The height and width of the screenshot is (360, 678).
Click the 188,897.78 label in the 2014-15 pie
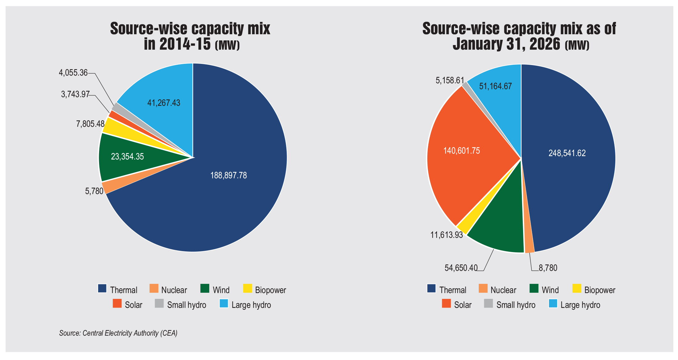[228, 175]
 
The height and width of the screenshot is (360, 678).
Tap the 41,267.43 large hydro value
[164, 103]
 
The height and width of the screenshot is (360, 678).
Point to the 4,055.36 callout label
[73, 73]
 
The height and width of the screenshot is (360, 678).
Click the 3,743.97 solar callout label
[75, 94]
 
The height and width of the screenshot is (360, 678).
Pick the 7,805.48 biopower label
[90, 124]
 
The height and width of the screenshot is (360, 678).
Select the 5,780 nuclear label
[94, 191]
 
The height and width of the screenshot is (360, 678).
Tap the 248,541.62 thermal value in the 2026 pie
[567, 153]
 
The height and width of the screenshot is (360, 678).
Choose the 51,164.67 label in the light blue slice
[495, 86]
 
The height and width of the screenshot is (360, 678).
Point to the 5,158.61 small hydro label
[450, 81]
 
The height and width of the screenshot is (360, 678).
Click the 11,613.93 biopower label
[447, 235]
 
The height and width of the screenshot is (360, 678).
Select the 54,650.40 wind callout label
[461, 268]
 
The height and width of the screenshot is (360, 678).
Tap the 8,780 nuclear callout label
[548, 268]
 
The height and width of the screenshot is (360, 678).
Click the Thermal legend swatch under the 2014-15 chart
[102, 288]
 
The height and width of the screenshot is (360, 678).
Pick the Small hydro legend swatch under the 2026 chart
[488, 304]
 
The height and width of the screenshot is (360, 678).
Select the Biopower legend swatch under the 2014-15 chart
[247, 288]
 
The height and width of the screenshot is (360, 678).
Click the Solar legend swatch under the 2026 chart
[446, 304]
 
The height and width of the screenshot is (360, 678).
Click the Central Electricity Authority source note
[118, 333]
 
